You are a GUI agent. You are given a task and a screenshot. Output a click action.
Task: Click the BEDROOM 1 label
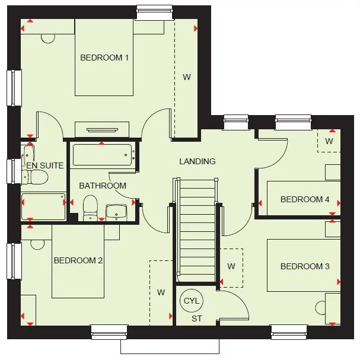coord(104,58)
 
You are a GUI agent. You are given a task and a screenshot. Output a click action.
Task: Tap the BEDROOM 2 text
coord(78,260)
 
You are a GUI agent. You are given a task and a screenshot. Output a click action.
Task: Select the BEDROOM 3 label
coord(304,266)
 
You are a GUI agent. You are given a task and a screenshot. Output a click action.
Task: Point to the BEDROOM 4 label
coord(304,199)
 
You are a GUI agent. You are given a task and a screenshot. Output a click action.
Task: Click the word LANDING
coord(197,161)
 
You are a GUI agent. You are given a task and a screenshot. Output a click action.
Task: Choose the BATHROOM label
coord(103,186)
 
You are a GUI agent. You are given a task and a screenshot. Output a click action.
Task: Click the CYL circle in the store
coord(192,301)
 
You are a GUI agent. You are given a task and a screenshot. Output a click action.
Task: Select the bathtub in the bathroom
coord(101,155)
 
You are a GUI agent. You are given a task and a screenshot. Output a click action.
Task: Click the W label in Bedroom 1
coord(186,77)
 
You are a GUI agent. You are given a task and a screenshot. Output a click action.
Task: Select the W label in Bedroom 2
coord(161,292)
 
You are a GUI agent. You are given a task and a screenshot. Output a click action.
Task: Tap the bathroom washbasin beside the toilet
coord(116,211)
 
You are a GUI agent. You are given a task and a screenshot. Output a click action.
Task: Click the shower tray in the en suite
coord(43,206)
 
